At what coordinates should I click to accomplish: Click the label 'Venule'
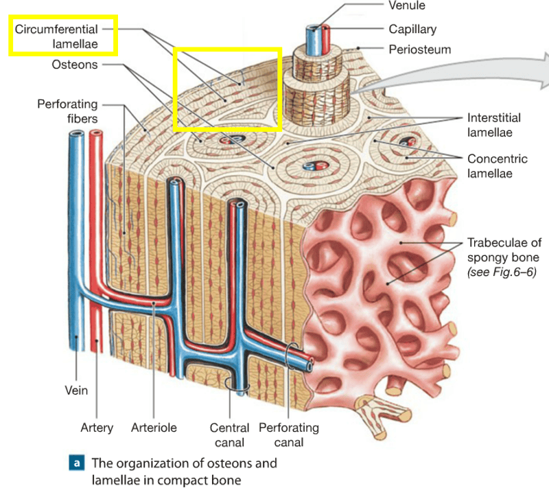pyautogui.click(x=407, y=6)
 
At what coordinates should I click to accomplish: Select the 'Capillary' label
pyautogui.click(x=412, y=29)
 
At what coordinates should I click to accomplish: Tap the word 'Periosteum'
pyautogui.click(x=419, y=49)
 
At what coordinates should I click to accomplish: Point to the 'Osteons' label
pyautogui.click(x=75, y=65)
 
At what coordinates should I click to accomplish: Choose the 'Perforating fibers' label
pyautogui.click(x=67, y=111)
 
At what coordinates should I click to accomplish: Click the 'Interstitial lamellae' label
pyautogui.click(x=493, y=124)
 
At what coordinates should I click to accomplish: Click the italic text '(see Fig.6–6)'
pyautogui.click(x=500, y=272)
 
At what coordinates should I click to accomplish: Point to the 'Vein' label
pyautogui.click(x=77, y=390)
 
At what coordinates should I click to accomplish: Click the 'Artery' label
pyautogui.click(x=97, y=428)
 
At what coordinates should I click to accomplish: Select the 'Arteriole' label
pyautogui.click(x=154, y=428)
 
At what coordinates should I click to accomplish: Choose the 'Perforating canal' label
pyautogui.click(x=288, y=434)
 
